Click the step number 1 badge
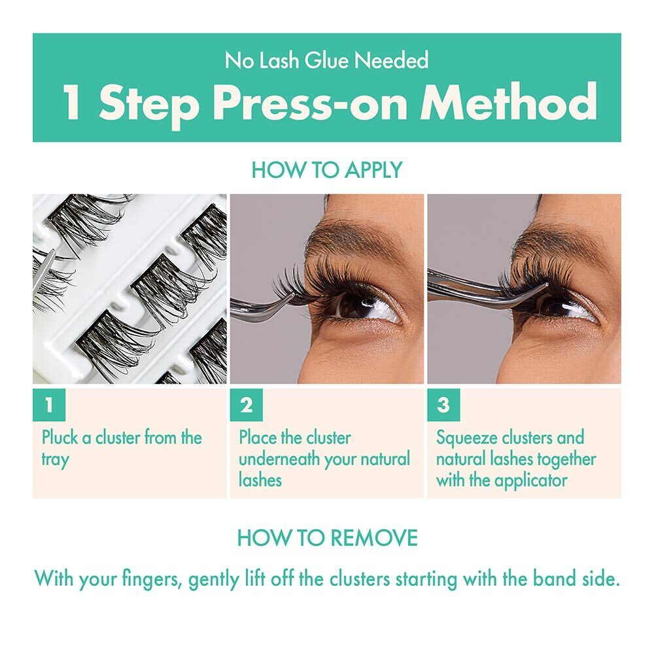48,405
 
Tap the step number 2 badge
246,405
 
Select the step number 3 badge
443,405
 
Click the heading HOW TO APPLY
326,170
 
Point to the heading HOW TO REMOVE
326,538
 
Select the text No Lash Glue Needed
326,61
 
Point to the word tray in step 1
55,459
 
